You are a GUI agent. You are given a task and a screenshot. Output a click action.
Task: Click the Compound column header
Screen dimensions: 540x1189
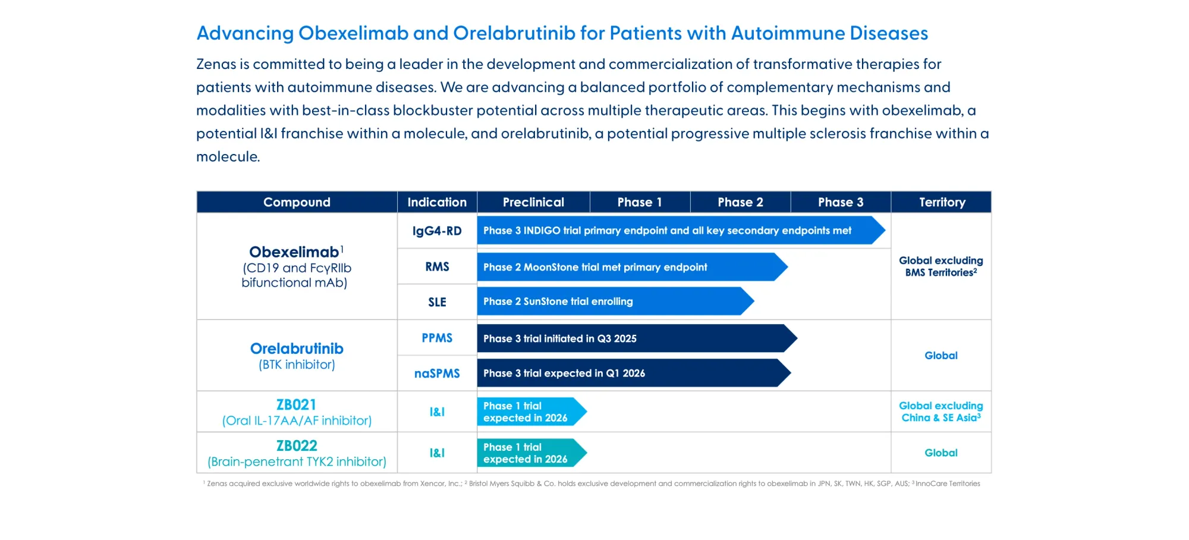point(297,202)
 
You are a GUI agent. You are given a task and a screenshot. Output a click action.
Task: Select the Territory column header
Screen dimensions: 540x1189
point(942,202)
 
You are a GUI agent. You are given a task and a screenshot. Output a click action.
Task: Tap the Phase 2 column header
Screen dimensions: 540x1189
point(740,202)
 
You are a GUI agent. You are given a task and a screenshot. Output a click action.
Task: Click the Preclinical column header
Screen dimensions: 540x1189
point(533,202)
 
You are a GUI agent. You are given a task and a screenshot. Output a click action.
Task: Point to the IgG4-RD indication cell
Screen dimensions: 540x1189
point(437,231)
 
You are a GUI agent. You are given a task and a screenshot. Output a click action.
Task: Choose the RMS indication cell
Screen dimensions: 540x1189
point(437,267)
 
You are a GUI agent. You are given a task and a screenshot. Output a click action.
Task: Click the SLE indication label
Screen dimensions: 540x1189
point(437,302)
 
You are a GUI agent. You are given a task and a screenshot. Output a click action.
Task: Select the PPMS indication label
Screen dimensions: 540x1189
point(437,338)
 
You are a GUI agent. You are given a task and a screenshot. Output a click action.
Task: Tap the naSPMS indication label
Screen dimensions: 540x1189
point(437,373)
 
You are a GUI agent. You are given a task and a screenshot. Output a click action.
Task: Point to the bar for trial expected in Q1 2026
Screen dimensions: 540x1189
point(630,373)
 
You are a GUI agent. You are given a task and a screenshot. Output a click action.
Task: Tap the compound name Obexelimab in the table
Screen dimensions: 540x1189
point(294,252)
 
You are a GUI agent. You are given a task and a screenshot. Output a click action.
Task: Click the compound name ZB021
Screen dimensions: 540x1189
point(297,405)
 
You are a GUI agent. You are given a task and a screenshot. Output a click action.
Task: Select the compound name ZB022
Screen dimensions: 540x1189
point(297,446)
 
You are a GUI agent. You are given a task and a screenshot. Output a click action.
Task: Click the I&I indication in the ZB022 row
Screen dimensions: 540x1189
point(437,453)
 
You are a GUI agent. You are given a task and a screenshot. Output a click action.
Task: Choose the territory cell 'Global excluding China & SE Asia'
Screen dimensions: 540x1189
point(940,412)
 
